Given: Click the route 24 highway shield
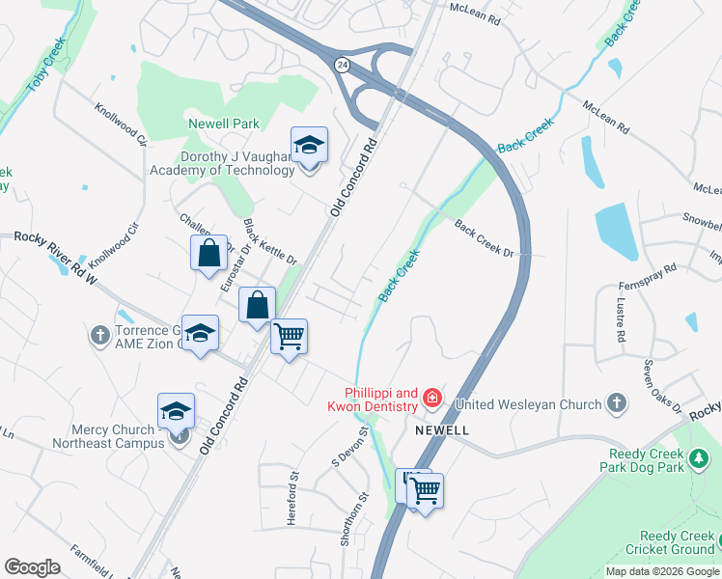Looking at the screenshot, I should pyautogui.click(x=342, y=64).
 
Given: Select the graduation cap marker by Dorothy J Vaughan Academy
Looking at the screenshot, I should pyautogui.click(x=309, y=148).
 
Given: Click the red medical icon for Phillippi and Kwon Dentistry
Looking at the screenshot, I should pyautogui.click(x=431, y=397).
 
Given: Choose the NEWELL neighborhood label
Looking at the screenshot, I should pyautogui.click(x=442, y=429).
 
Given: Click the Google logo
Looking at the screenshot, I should pyautogui.click(x=32, y=566).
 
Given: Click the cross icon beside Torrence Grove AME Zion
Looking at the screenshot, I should pyautogui.click(x=99, y=335).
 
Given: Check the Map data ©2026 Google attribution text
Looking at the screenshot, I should pyautogui.click(x=662, y=571).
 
